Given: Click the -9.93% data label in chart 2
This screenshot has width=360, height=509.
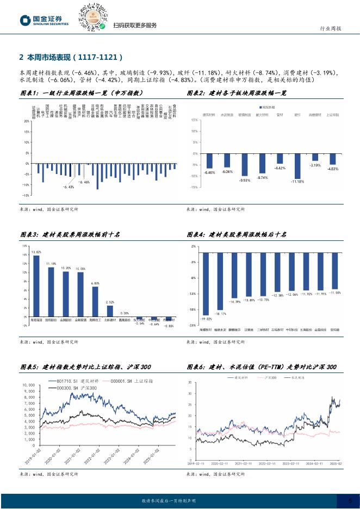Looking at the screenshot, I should point(244,179).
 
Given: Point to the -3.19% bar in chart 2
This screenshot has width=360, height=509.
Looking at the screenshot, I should point(315,157).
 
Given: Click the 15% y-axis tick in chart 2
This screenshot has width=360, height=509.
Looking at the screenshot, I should point(195,120).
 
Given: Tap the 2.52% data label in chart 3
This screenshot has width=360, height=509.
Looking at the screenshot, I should point(110,302).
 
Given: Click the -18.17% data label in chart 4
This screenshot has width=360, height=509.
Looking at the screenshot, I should point(220,313).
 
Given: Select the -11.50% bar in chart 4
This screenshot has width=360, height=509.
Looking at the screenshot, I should point(335,270).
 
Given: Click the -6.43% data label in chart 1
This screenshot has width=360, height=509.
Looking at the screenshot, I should point(69,187).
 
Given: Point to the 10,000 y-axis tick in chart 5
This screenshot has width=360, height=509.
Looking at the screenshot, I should point(28,385).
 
